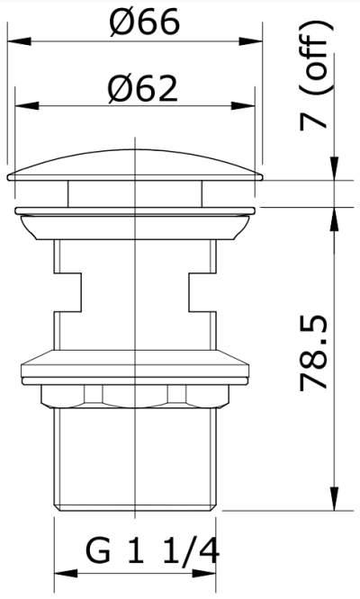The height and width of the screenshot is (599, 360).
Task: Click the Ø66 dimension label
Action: [x=144, y=22]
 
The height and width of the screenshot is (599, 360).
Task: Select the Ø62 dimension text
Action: [x=142, y=88]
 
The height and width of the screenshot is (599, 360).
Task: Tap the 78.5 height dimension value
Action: [x=313, y=353]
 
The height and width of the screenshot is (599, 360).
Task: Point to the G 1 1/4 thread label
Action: [x=152, y=550]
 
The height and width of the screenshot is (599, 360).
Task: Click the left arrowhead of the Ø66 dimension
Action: [x=19, y=40]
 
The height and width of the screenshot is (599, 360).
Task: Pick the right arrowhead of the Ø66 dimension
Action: [x=251, y=40]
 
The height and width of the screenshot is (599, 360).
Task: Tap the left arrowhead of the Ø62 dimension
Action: [x=27, y=106]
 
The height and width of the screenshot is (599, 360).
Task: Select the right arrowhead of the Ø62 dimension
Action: [x=243, y=106]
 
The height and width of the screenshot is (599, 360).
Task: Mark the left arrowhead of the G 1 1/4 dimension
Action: [x=66, y=574]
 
